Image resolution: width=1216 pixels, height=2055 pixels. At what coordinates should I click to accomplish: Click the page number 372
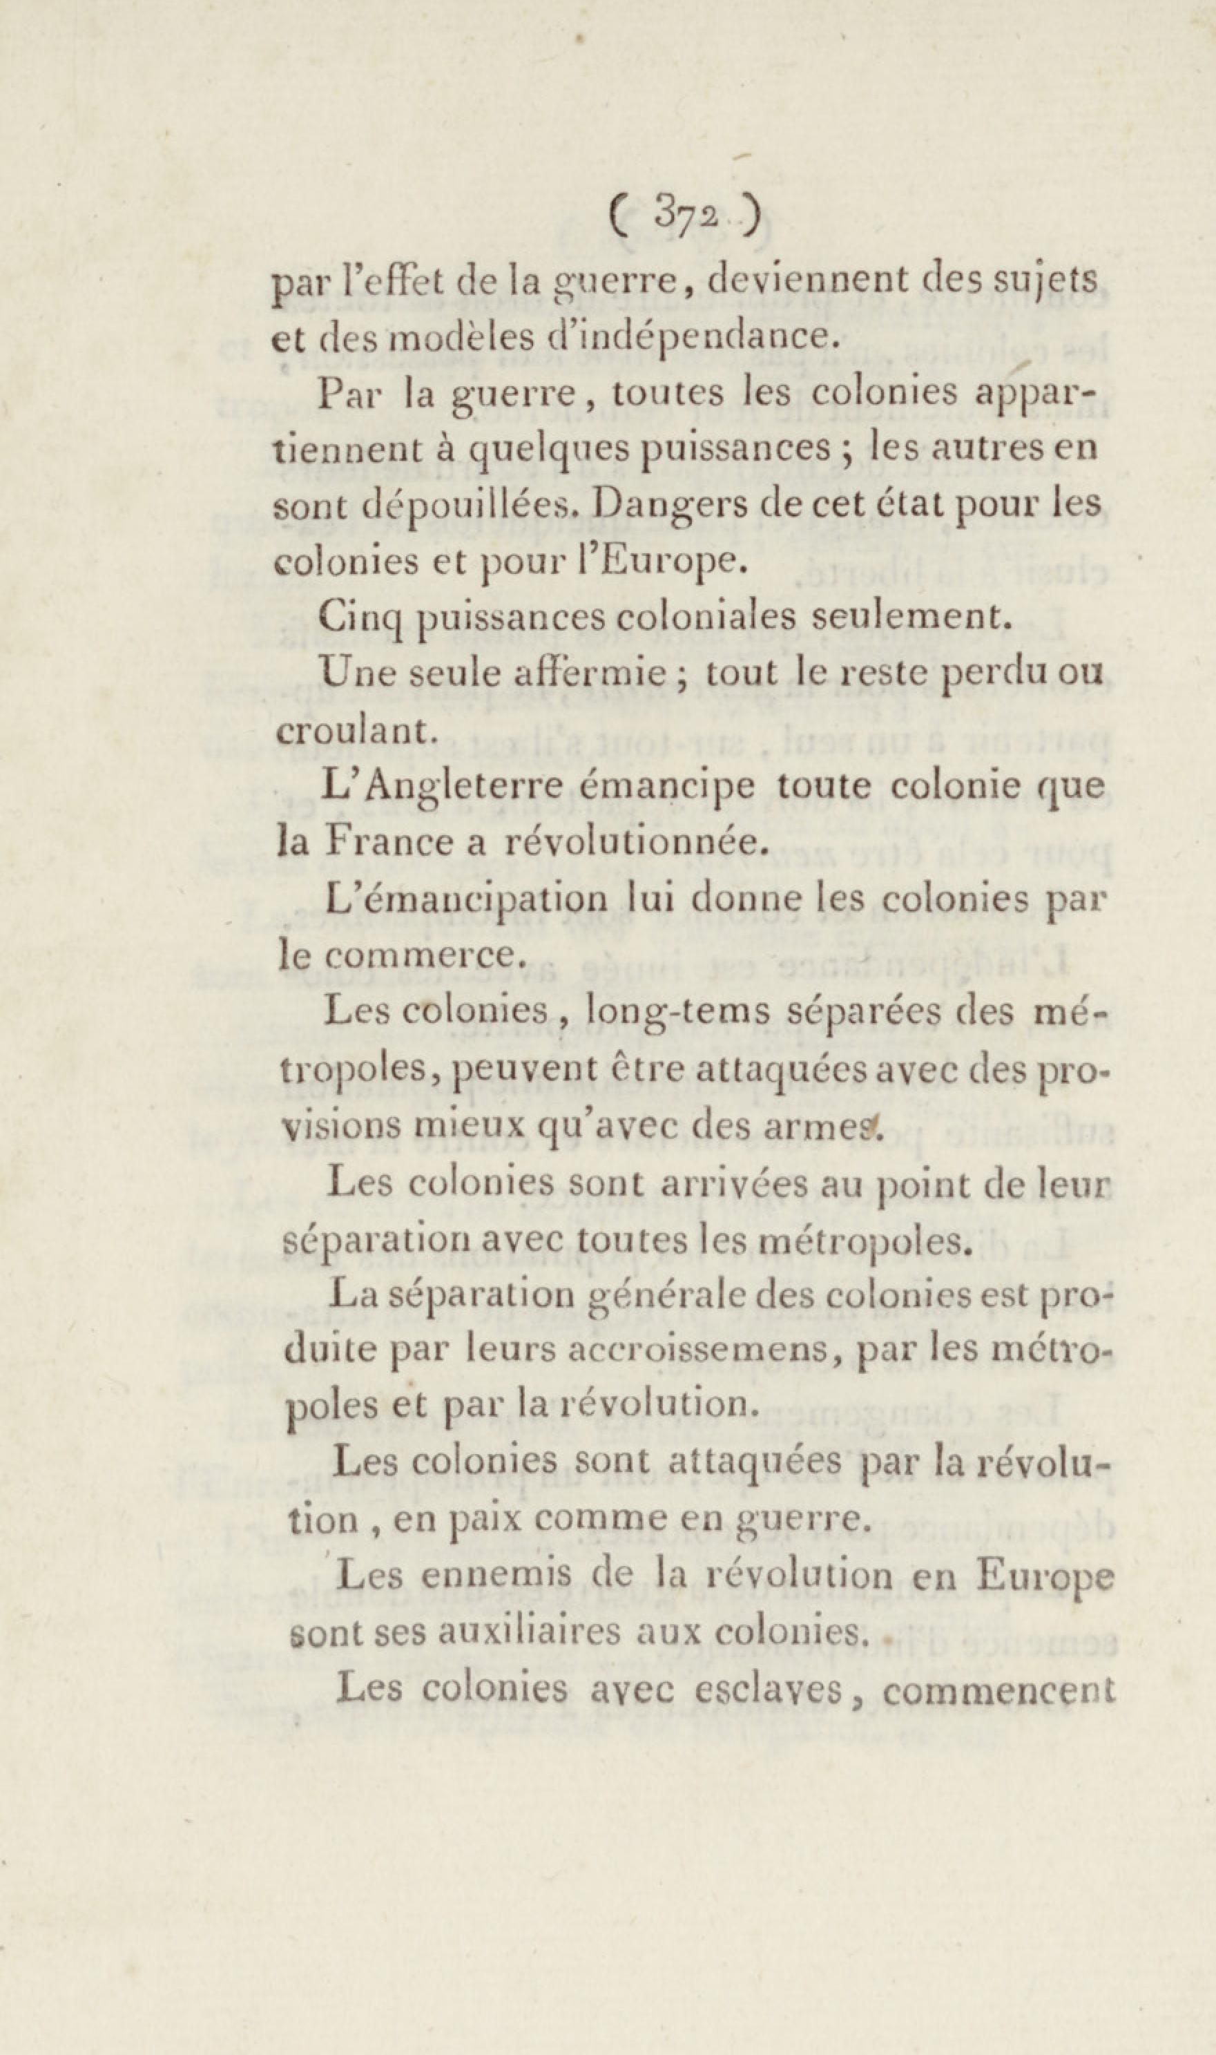[686, 216]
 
